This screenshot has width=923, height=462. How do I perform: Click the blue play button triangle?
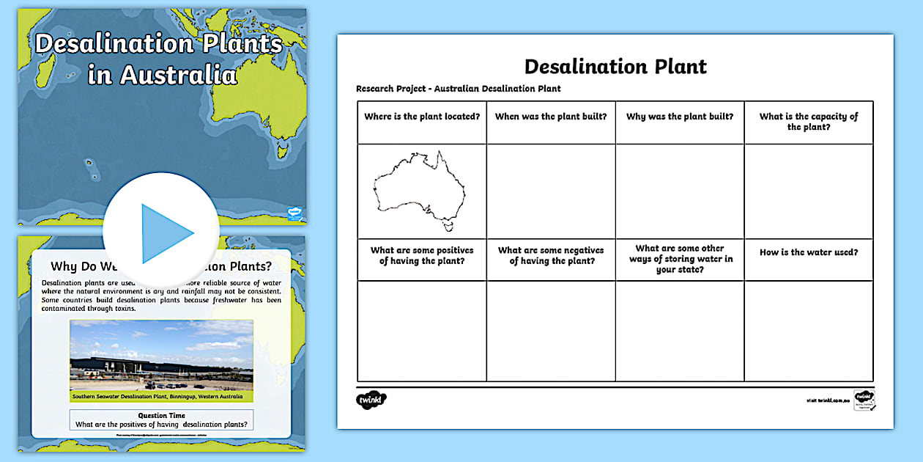pos(166,234)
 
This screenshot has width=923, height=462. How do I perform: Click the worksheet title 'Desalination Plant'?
pos(615,67)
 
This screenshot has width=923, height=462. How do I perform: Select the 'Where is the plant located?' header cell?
pos(422,117)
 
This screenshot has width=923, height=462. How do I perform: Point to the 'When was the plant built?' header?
pos(551,117)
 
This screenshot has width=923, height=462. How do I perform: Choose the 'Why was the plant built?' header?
pos(680,117)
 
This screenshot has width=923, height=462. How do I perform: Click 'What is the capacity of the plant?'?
pos(809,122)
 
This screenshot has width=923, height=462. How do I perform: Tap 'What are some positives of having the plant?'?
pos(422,256)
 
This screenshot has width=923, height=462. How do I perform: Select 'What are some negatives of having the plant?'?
pos(551,256)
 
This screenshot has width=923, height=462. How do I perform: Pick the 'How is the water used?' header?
pos(809,252)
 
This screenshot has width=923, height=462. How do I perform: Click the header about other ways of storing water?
pos(680,259)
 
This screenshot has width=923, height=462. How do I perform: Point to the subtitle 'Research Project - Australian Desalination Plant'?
pos(459,89)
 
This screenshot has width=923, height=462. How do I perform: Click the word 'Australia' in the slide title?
pos(179,75)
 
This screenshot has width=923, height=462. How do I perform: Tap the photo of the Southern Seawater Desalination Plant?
pos(161,356)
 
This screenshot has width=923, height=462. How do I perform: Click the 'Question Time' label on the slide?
pos(161,415)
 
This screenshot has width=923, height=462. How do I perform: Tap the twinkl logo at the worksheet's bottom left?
pos(371,400)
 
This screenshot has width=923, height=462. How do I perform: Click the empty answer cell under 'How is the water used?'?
pos(809,331)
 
